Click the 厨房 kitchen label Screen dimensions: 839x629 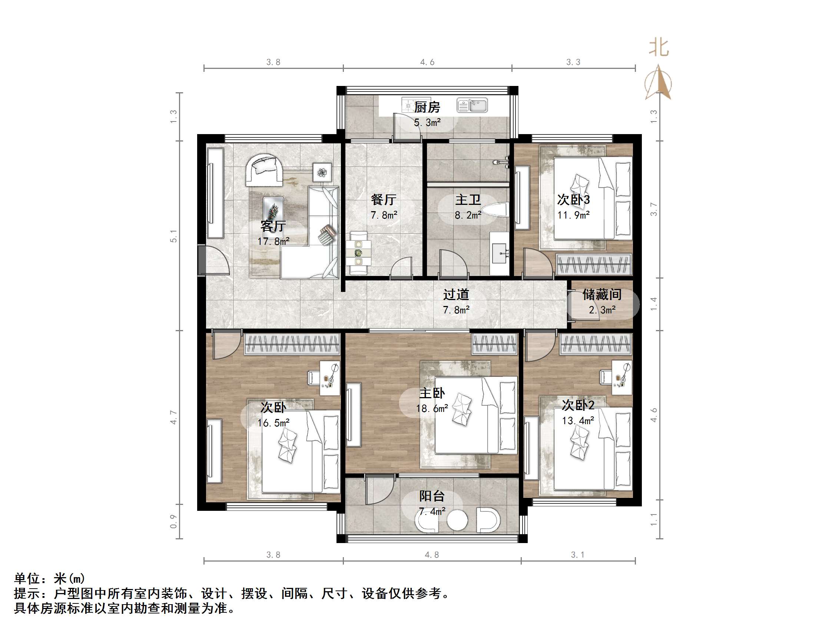[x=427, y=107]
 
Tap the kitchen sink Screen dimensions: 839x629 [x=472, y=105]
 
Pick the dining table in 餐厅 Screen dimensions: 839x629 [x=358, y=252]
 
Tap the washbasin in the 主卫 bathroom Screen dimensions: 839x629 [x=500, y=253]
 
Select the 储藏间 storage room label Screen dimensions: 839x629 [x=602, y=294]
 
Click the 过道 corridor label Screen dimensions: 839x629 [x=456, y=294]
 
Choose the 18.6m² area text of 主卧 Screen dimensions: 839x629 [x=432, y=408]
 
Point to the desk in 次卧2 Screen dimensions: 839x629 [x=622, y=377]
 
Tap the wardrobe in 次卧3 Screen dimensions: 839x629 [x=594, y=264]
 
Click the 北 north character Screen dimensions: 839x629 [x=659, y=48]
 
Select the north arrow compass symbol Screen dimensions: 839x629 [x=659, y=82]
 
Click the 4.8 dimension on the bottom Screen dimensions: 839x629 [x=432, y=555]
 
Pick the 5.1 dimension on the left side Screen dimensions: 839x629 [x=173, y=236]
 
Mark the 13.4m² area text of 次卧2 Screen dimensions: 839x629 [x=578, y=420]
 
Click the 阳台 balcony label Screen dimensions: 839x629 [x=432, y=496]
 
